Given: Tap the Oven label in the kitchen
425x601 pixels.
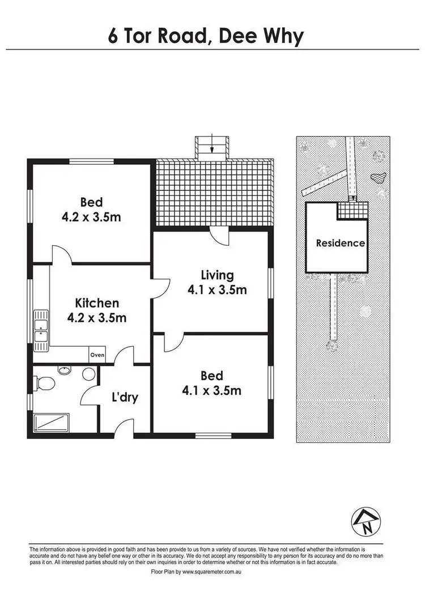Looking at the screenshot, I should (x=97, y=355).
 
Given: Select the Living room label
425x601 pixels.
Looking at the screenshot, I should (x=217, y=275).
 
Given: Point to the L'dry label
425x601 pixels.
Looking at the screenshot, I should (x=124, y=398).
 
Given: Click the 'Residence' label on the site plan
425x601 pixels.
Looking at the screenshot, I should (x=340, y=244).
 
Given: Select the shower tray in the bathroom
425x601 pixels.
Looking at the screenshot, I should (x=52, y=423).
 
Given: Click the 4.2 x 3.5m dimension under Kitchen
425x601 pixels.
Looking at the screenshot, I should (x=96, y=318).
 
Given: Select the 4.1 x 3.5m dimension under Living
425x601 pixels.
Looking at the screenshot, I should (x=217, y=290).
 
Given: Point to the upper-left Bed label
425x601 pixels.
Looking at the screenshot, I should (x=91, y=202).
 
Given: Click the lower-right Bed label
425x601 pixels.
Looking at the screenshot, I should (x=211, y=376).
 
